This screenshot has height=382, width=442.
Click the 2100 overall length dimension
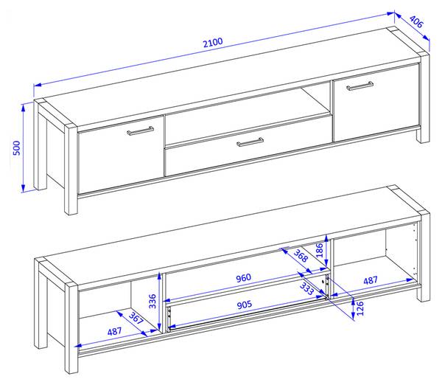[213, 43]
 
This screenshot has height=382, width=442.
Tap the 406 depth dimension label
[416, 21]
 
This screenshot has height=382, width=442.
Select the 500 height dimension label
[17, 147]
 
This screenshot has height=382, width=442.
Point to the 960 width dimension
[243, 278]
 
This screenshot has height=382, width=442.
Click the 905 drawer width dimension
[245, 305]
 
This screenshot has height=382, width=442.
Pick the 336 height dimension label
[152, 301]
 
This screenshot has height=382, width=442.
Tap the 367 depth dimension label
[136, 319]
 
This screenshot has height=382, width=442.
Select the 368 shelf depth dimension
[301, 256]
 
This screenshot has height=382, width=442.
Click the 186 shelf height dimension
[319, 250]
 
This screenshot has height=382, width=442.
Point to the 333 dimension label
[306, 288]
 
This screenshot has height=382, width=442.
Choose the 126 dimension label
[360, 308]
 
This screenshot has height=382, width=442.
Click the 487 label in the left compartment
[114, 331]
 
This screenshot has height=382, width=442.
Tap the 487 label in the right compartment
[370, 280]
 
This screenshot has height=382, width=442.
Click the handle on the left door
[140, 131]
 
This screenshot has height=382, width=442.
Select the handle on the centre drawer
[250, 142]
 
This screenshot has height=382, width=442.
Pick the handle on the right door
[359, 86]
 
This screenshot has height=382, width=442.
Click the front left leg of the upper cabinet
[71, 169]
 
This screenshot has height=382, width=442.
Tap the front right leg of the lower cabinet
[424, 257]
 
